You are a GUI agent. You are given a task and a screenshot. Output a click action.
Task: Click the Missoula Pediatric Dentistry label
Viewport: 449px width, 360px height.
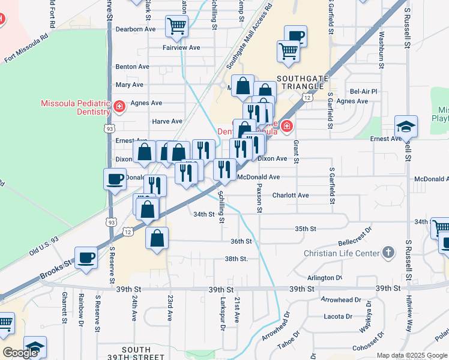[75, 107]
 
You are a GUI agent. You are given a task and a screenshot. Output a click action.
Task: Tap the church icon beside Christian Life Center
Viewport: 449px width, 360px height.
[389, 252]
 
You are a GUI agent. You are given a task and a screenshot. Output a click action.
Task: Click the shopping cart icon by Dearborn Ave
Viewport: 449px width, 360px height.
[177, 26]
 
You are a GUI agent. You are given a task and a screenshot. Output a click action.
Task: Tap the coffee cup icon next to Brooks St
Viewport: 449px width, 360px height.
[86, 259]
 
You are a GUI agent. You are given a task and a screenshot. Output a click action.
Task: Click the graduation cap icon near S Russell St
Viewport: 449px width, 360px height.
[406, 126]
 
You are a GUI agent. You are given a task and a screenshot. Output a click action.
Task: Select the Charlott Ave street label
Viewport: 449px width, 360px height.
[290, 196]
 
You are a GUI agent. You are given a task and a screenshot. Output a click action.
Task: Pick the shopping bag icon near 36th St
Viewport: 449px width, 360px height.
[157, 238]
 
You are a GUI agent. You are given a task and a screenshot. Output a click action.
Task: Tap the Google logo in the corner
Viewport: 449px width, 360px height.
[20, 353]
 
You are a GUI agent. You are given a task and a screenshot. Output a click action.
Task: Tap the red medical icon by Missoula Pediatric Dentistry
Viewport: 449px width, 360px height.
[119, 107]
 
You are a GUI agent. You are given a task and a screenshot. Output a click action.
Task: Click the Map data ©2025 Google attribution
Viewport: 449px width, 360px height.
[412, 355]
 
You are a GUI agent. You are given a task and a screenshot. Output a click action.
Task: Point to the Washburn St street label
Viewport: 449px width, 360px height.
[381, 48]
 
